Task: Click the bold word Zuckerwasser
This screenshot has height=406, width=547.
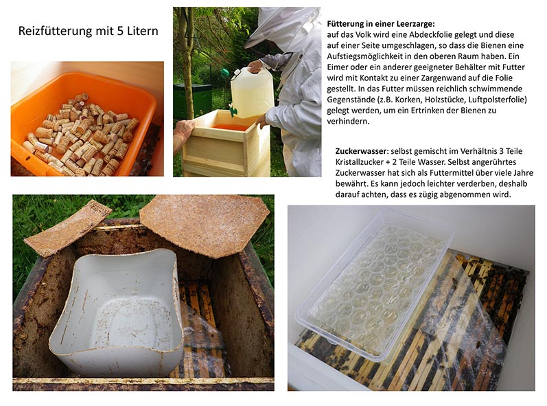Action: click(x=362, y=151)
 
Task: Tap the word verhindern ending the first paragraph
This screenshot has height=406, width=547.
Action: click(x=348, y=121)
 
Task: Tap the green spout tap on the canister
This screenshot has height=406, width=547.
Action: click(x=233, y=111)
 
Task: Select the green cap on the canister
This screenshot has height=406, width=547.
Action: click(x=224, y=73)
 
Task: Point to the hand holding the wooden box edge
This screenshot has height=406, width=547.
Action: click(x=183, y=130)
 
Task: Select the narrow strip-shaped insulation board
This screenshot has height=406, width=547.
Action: click(x=68, y=227)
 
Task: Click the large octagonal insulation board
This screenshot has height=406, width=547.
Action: click(x=205, y=225)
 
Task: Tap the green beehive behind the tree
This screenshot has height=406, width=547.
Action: click(x=193, y=100)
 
